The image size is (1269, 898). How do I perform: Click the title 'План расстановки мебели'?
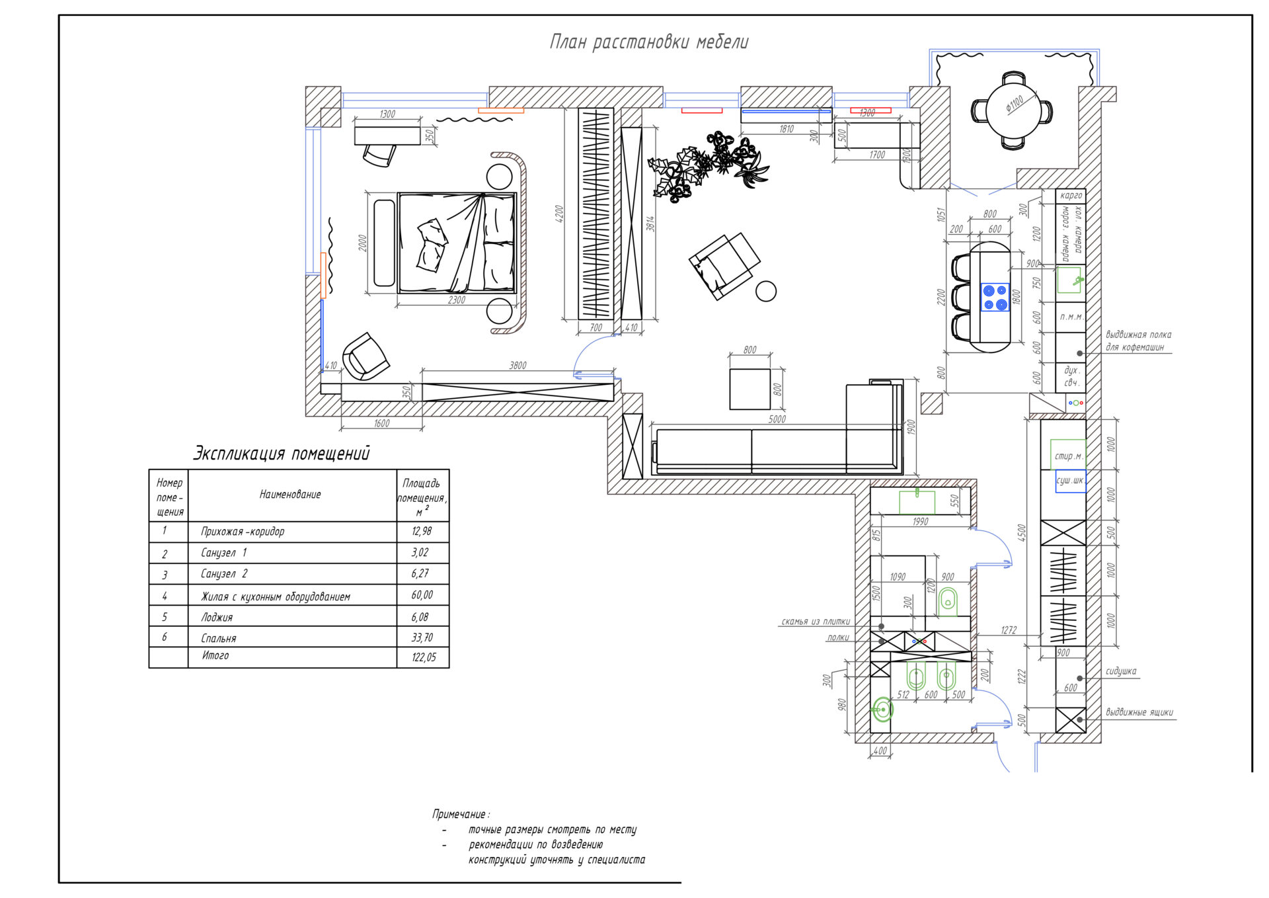point(649,42)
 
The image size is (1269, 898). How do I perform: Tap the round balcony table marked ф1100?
point(1011,110)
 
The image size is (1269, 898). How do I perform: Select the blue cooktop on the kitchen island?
point(995,297)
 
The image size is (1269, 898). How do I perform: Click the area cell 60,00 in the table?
point(422,595)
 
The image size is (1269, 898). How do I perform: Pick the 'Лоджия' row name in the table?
point(217,617)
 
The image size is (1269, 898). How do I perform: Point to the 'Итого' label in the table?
point(215,655)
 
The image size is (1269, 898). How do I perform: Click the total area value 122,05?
point(423,657)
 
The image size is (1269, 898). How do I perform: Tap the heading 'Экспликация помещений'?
point(282,454)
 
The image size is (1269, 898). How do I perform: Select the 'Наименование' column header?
point(290,494)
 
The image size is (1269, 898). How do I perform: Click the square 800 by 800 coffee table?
point(750,389)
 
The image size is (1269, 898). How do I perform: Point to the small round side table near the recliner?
point(766,291)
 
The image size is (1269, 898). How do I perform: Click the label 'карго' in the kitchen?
point(1071,196)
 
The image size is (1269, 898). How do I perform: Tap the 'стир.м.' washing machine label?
point(1068,456)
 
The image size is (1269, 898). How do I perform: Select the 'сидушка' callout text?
point(1121,671)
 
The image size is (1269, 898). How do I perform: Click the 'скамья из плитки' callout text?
point(816,622)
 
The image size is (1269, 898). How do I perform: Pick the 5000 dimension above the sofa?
point(777,419)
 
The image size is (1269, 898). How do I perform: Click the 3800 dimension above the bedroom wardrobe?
point(518,366)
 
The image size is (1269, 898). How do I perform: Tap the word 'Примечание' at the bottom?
point(460,814)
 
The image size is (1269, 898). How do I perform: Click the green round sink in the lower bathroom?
point(882,710)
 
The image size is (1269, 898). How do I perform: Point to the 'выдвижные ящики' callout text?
point(1139,712)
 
